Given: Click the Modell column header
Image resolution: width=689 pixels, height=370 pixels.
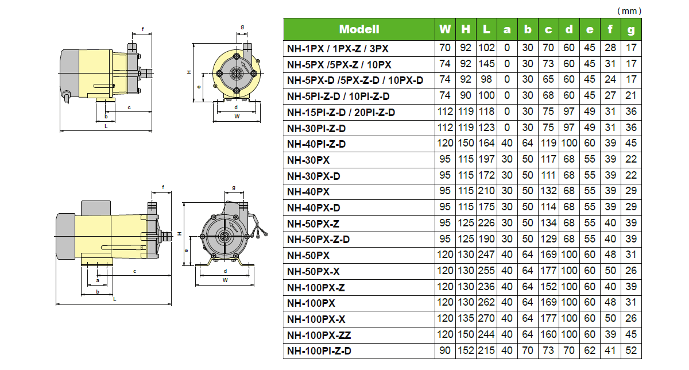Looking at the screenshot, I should point(359,29).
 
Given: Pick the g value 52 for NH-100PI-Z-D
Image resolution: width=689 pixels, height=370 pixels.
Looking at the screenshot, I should point(632,352).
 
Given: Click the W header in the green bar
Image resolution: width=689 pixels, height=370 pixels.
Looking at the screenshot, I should point(445,29).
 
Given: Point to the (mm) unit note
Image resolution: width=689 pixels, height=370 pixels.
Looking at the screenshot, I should point(629,11).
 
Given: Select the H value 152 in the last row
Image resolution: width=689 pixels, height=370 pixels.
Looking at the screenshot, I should point(466,352).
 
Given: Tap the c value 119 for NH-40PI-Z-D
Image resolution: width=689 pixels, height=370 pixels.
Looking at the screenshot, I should point(549,144).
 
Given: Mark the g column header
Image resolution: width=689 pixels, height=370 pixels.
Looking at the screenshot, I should point(632,29).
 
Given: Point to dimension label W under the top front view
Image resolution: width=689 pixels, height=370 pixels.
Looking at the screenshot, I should point(237,116).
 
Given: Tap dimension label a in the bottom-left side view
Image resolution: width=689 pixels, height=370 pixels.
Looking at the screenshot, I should point(98,280).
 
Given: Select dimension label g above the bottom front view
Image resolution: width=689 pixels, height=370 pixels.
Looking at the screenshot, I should point(234,187).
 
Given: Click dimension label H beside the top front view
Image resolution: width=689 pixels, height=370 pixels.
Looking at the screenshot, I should point(188,73).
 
